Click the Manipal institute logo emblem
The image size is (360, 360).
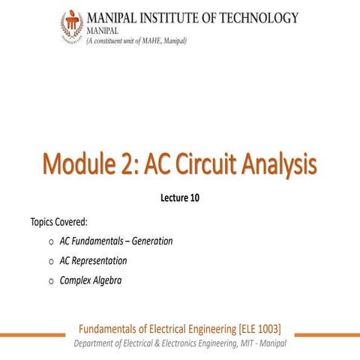pyautogui.click(x=71, y=27)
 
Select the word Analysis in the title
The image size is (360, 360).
pyautogui.click(x=287, y=163)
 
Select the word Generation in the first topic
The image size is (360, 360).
pyautogui.click(x=148, y=241)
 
